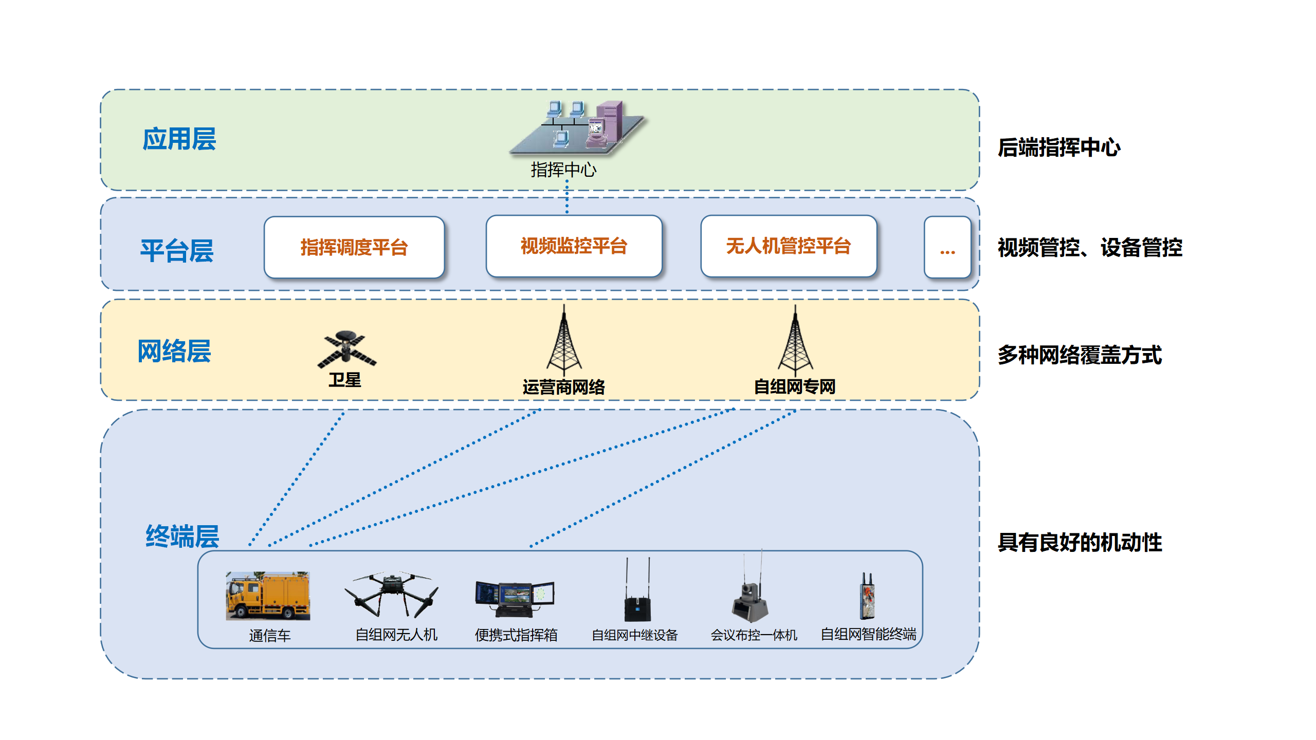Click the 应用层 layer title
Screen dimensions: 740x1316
pos(179,139)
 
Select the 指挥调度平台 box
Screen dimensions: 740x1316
pos(354,247)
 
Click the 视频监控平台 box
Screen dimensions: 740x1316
pos(574,246)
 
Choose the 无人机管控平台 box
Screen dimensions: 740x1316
pos(788,246)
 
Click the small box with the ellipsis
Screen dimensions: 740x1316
pos(947,247)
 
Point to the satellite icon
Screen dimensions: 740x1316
pos(346,349)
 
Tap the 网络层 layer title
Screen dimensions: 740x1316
pos(174,351)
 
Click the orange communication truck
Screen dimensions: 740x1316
pos(268,596)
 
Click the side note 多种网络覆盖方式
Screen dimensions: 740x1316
pos(1080,355)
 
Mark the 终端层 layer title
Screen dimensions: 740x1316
pos(182,536)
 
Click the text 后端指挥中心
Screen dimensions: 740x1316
pos(1059,147)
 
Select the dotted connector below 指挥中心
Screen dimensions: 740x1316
pos(567,197)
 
